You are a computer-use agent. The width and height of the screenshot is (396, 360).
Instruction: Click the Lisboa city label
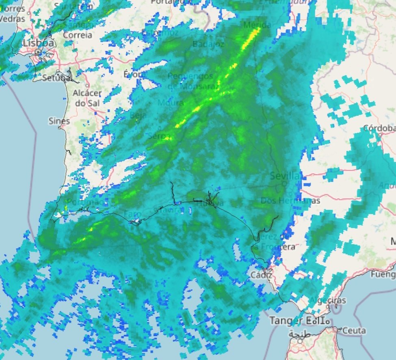tap(38, 43)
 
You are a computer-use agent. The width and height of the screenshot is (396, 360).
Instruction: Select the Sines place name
tap(59, 121)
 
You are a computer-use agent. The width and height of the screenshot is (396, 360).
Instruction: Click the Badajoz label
tap(208, 44)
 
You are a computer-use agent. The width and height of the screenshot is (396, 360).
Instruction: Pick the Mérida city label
tap(257, 25)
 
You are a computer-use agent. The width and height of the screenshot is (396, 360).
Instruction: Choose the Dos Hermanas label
tap(290, 200)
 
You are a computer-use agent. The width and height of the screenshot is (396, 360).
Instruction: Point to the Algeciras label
tap(328, 300)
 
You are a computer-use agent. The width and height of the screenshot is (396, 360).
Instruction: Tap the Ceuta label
tap(354, 331)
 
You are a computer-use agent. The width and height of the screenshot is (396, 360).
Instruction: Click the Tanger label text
tap(286, 321)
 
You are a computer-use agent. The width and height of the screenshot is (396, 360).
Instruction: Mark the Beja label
tap(138, 115)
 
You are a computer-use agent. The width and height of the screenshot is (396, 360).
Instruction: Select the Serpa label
tap(159, 136)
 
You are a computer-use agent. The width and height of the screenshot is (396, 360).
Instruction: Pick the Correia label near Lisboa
tap(78, 35)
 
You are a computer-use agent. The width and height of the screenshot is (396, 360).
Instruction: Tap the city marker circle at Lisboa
tap(38, 52)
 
